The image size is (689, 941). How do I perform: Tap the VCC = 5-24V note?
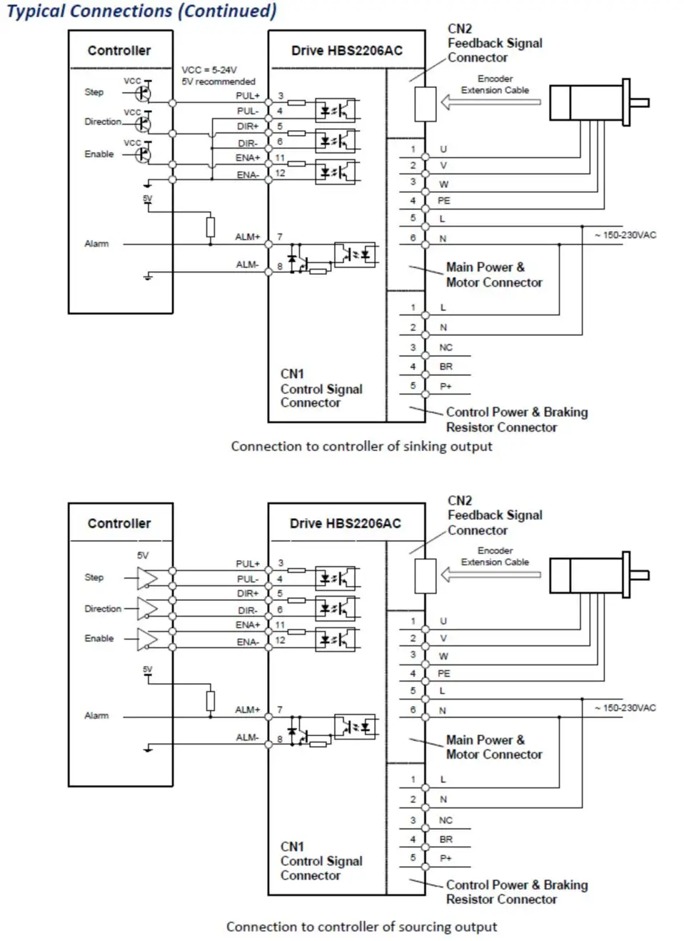[x=209, y=70]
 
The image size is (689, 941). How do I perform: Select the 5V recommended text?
[x=218, y=81]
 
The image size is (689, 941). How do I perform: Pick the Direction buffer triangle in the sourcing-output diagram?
[x=147, y=609]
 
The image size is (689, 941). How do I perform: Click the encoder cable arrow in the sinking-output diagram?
[x=491, y=102]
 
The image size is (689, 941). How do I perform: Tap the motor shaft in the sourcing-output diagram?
[x=640, y=575]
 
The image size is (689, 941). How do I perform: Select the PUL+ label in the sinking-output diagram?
[x=248, y=96]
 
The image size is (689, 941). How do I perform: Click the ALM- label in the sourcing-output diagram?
[x=247, y=737]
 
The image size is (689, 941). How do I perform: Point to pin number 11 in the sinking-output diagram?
[x=280, y=158]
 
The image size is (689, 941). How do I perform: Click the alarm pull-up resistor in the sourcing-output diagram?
[x=211, y=701]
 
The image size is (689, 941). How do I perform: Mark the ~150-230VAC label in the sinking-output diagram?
[x=625, y=235]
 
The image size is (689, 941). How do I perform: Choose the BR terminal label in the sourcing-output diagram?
[x=446, y=840]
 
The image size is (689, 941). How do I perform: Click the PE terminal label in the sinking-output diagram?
[x=444, y=201]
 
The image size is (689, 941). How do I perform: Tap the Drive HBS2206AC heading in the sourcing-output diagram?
[x=346, y=524]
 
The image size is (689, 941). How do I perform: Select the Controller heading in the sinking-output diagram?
[x=119, y=51]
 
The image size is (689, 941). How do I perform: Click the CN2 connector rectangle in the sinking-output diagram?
[x=426, y=104]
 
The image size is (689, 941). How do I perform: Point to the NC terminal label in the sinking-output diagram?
[x=446, y=347]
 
